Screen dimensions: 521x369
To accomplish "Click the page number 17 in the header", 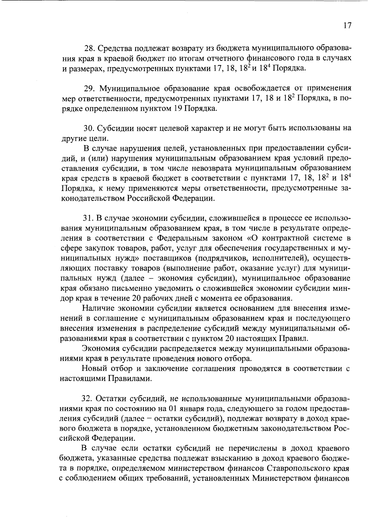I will point(347,26).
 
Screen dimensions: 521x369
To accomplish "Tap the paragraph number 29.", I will point(89,89).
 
